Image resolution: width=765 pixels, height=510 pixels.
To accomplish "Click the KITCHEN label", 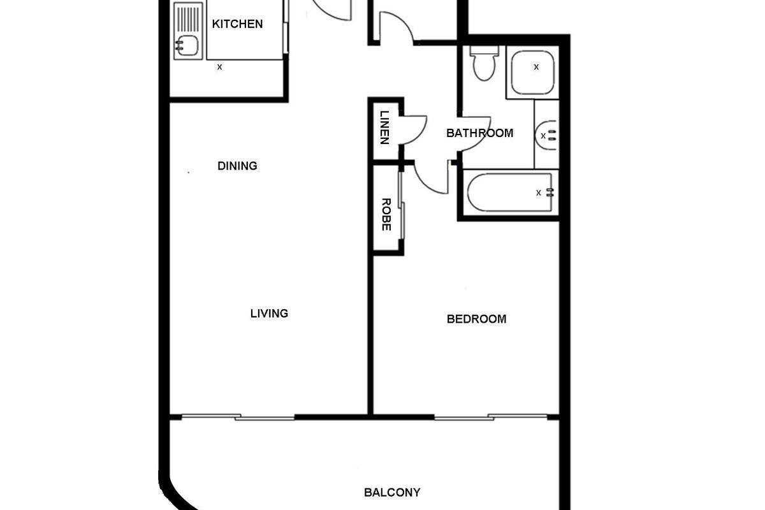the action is coord(237,24).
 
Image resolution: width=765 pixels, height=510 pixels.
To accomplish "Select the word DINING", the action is coord(237,166).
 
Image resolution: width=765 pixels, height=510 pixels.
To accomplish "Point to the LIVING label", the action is coord(269,313).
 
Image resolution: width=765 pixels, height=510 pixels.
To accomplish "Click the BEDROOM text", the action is coord(476,319).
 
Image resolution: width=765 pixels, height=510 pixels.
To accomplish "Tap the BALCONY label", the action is coord(392,492).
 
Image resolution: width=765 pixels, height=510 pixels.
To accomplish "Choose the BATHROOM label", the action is coord(479,133).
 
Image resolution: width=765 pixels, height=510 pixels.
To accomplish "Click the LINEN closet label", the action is coord(384,127).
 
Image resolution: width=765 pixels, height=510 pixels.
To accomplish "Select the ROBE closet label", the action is coord(386,215).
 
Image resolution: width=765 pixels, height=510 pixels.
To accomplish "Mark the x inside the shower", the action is coord(536,66).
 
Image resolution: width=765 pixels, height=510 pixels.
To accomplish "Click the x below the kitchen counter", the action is coord(220,66).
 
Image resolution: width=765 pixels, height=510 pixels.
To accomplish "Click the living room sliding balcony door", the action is coord(239,418).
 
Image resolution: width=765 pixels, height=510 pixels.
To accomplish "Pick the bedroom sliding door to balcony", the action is coord(491,418).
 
